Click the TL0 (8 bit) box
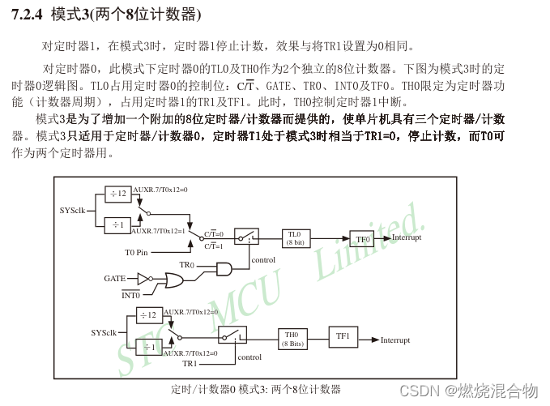click(x=294, y=237)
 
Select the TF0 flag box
click(x=362, y=238)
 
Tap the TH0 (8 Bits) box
click(x=292, y=339)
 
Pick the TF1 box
click(x=343, y=336)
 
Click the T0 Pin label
click(x=135, y=253)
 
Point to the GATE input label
click(x=114, y=278)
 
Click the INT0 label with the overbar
click(x=130, y=295)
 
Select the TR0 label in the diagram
click(x=186, y=265)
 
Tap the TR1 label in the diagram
click(x=189, y=364)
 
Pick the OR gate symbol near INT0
click(x=173, y=280)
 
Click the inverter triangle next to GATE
click(x=143, y=278)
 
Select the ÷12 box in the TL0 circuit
click(x=118, y=193)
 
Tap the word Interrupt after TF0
click(x=407, y=238)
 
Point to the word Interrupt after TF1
click(x=395, y=340)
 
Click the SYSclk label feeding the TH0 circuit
click(x=104, y=331)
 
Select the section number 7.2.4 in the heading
click(x=26, y=15)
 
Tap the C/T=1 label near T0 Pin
click(x=214, y=246)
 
